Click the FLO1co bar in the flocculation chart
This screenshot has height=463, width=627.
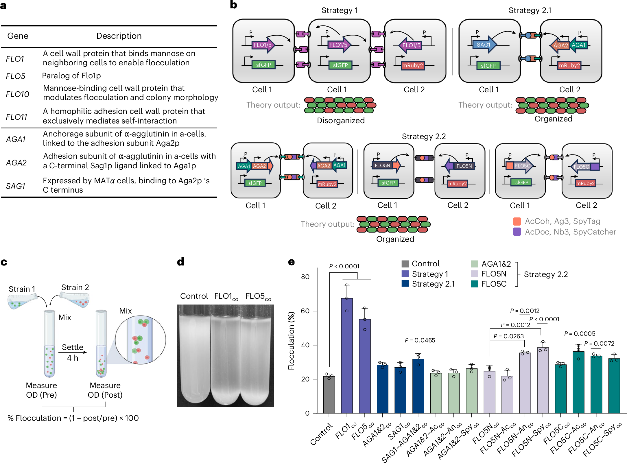(x=347, y=356)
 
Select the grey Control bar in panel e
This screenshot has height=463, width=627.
(x=329, y=394)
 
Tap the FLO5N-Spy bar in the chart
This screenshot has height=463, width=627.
(x=543, y=380)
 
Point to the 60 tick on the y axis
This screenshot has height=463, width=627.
(x=305, y=311)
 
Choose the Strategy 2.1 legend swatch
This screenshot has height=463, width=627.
(x=405, y=284)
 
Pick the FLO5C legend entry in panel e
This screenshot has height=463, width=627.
(x=494, y=284)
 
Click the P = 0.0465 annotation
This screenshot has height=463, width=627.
(x=420, y=340)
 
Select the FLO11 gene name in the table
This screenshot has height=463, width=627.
(x=16, y=117)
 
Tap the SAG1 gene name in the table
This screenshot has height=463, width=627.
(x=16, y=186)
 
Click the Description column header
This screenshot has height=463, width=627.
(x=119, y=36)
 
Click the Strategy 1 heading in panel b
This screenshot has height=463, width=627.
(x=340, y=10)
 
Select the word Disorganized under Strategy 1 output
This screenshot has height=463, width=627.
(x=341, y=121)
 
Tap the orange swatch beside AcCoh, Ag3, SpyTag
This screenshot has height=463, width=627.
(x=517, y=222)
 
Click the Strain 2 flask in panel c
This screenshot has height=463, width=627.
(x=75, y=299)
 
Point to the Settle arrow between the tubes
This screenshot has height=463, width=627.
(x=73, y=352)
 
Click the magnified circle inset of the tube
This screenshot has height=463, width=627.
(x=140, y=340)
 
